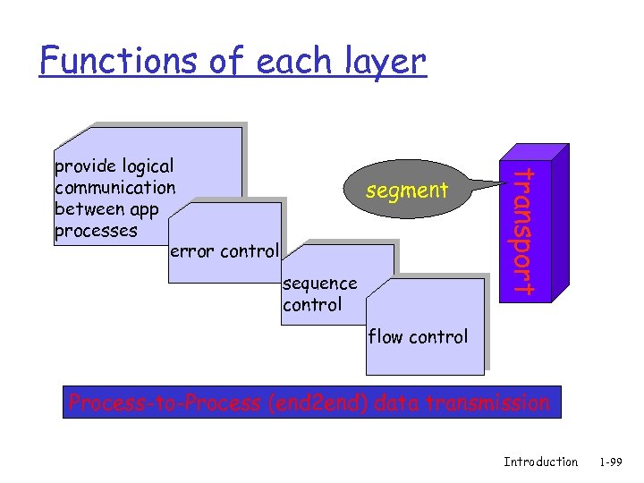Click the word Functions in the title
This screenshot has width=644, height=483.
tap(99, 61)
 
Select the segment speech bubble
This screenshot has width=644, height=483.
tap(407, 190)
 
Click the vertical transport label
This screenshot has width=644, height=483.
tap(527, 231)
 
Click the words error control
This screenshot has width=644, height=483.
tap(224, 250)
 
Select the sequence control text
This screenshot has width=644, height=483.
tap(318, 294)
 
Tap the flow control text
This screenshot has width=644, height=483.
tap(418, 337)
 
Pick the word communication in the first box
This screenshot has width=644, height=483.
tap(114, 188)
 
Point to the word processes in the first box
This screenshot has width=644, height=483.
tap(96, 231)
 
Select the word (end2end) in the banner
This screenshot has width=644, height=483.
tap(318, 403)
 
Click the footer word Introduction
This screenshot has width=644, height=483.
tap(540, 462)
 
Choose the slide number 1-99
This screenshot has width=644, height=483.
tap(612, 462)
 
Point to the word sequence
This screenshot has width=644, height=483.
tap(319, 284)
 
